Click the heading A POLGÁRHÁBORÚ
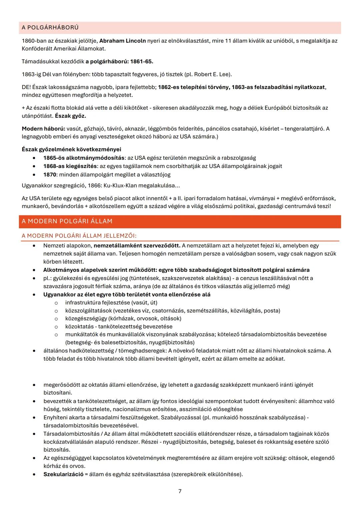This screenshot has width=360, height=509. point(50,27)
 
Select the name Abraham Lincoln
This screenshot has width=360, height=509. point(122,41)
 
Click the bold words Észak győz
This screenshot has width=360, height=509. point(70,116)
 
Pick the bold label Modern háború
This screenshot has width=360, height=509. point(43,129)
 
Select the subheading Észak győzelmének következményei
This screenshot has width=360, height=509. point(71,149)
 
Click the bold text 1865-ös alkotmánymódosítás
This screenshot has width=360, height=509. point(84,158)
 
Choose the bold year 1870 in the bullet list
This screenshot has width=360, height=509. point(50,174)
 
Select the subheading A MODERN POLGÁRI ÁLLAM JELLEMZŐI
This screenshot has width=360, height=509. point(79,236)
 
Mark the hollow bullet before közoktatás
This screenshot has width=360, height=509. point(56,327)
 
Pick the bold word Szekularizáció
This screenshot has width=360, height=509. point(63,474)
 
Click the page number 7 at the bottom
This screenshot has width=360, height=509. point(180,491)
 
